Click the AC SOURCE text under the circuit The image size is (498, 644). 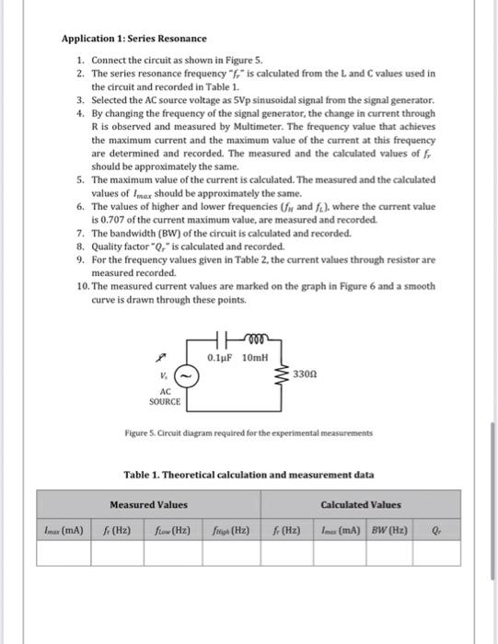tap(165, 397)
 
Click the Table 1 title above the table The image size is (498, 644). tap(249, 475)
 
